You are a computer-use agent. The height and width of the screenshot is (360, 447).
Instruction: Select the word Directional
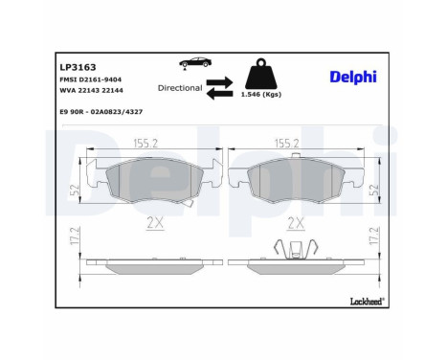[x=179, y=87]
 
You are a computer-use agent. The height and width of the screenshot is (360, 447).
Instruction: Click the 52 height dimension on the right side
[x=374, y=189]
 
